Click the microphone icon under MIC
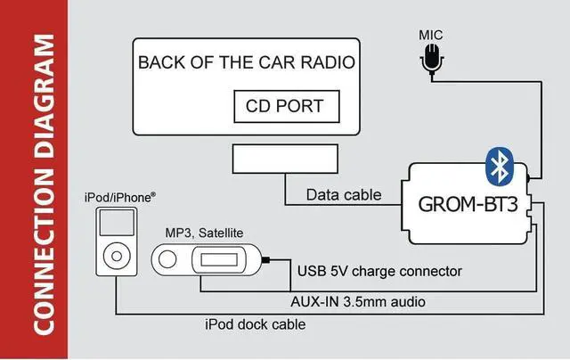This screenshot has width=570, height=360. [433, 60]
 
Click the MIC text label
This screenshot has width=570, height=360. [432, 35]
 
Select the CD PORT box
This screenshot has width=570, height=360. [285, 107]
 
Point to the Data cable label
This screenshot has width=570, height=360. [344, 194]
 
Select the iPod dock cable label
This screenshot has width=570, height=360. [254, 325]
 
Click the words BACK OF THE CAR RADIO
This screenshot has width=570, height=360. [248, 63]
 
